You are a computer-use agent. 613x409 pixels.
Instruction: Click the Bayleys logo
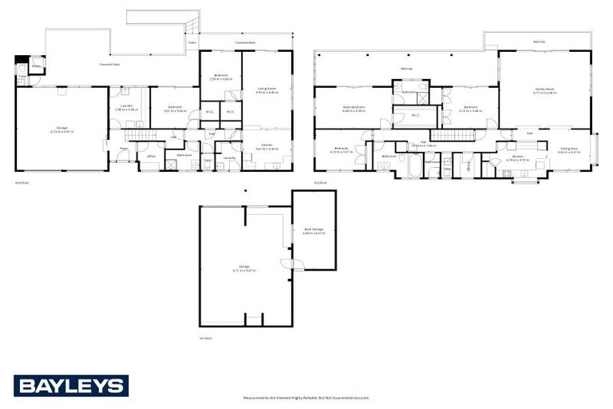point(70,386)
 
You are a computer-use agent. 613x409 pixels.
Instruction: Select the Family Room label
point(545,90)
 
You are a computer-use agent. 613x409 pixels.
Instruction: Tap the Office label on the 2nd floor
point(150,157)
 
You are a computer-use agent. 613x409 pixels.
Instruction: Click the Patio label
point(192,42)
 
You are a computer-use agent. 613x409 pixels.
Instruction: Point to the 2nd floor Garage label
point(61,130)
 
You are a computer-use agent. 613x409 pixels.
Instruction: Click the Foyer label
point(125,149)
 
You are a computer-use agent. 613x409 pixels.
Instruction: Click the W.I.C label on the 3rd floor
point(415,117)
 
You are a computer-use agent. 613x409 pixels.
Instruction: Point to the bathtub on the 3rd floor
point(414,166)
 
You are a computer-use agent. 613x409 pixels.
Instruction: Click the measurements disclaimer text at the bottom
point(306,397)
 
